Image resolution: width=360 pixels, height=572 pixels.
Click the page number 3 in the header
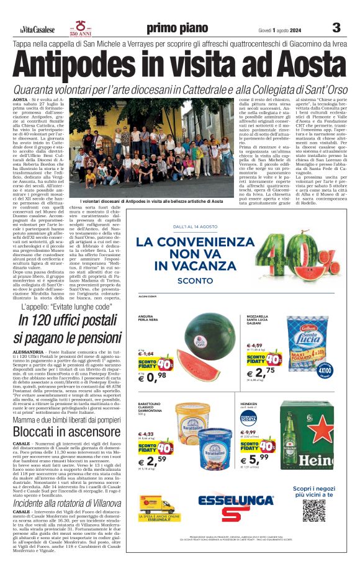[336, 28]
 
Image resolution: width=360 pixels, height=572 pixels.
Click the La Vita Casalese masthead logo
[37, 29]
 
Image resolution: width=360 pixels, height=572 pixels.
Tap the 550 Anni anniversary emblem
[81, 28]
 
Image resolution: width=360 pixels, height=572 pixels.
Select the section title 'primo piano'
[177, 29]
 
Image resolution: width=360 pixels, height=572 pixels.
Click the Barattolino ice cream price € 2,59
[152, 461]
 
